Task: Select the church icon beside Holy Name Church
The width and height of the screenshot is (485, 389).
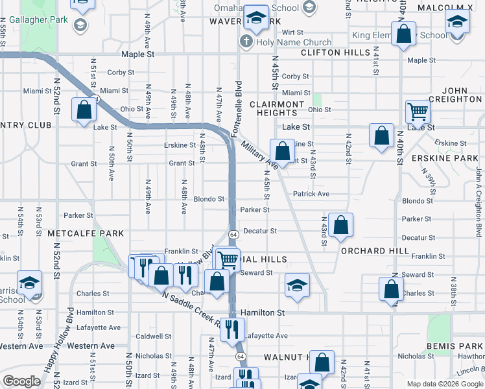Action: pyautogui.click(x=246, y=42)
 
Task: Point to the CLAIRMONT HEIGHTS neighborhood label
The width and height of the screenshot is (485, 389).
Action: pyautogui.click(x=277, y=108)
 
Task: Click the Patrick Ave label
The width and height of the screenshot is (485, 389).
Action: pyautogui.click(x=311, y=194)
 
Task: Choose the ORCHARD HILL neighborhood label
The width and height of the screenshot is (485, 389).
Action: pyautogui.click(x=374, y=250)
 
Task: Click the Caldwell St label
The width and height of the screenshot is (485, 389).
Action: pyautogui.click(x=154, y=336)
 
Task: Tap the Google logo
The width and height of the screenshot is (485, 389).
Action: pyautogui.click(x=22, y=381)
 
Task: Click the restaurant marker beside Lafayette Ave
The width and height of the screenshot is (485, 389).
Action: pyautogui.click(x=232, y=329)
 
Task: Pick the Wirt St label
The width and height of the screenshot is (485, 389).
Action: pyautogui.click(x=292, y=32)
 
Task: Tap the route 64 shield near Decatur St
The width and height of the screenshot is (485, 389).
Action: pyautogui.click(x=232, y=233)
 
